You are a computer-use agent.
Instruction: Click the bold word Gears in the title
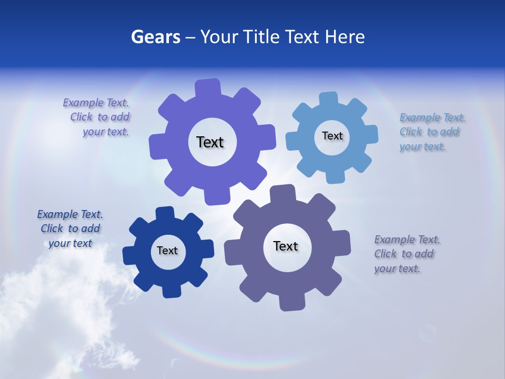tap(156, 37)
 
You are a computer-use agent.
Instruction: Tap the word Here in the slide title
tap(345, 37)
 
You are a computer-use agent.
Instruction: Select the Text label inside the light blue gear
tap(332, 136)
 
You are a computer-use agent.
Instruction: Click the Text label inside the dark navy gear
tap(167, 251)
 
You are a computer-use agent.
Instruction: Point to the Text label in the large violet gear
tap(210, 142)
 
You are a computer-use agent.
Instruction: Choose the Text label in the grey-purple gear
tap(286, 246)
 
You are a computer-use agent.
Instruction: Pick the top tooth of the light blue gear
tap(329, 98)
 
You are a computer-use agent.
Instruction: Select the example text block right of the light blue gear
tap(430, 132)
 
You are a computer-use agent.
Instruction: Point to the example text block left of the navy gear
tap(70, 228)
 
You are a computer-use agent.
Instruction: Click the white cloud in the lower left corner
tap(58, 316)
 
